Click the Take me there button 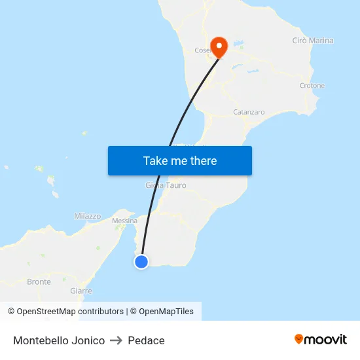pyautogui.click(x=180, y=160)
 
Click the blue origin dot pyautogui.click(x=141, y=262)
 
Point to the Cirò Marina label pyautogui.click(x=312, y=41)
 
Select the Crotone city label pyautogui.click(x=312, y=86)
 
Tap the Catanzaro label pyautogui.click(x=249, y=112)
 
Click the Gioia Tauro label pyautogui.click(x=166, y=185)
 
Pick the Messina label pyautogui.click(x=124, y=221)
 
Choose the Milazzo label pyautogui.click(x=88, y=216)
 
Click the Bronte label pyautogui.click(x=39, y=282)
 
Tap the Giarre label pyautogui.click(x=81, y=291)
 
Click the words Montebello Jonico pyautogui.click(x=59, y=340)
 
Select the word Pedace pyautogui.click(x=147, y=340)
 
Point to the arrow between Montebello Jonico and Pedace pyautogui.click(x=116, y=340)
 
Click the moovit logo pyautogui.click(x=321, y=339)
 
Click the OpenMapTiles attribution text pyautogui.click(x=166, y=312)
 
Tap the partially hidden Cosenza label pyautogui.click(x=202, y=50)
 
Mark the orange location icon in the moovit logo pyautogui.click(x=299, y=339)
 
